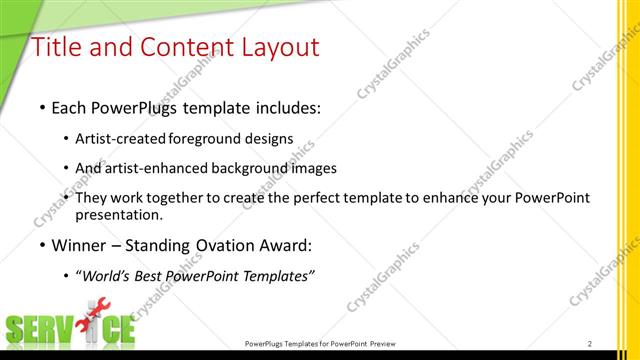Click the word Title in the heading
pyautogui.click(x=58, y=47)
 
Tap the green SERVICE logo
pyautogui.click(x=70, y=329)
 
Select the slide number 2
pyautogui.click(x=590, y=343)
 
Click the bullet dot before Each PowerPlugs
pyautogui.click(x=41, y=106)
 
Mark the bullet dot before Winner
pyautogui.click(x=41, y=244)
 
